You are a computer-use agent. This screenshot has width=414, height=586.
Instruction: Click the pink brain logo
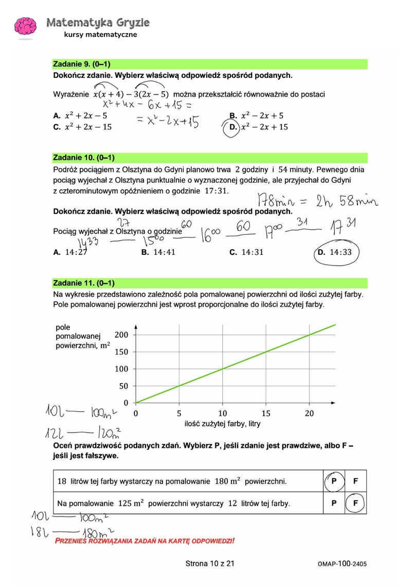(25, 27)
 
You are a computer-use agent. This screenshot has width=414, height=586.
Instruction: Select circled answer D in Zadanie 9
(233, 127)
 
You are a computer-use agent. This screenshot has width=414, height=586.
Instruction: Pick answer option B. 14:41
(158, 252)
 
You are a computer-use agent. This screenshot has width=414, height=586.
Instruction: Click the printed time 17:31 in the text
(215, 191)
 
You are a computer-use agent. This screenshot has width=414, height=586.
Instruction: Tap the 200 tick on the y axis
(121, 335)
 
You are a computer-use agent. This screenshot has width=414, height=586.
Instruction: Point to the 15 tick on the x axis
(266, 413)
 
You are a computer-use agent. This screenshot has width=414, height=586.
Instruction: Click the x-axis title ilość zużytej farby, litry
(222, 424)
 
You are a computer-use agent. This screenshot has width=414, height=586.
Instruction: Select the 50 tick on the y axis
(123, 386)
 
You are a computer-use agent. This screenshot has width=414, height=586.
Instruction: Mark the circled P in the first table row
(334, 481)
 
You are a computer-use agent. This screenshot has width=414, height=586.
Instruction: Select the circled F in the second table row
(355, 503)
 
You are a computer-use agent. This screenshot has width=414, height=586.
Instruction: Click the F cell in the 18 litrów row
(355, 481)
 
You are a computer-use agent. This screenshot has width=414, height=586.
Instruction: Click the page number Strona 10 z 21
(210, 564)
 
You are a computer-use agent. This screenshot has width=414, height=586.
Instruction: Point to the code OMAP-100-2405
(342, 564)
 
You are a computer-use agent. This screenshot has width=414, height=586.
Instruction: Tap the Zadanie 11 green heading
(84, 283)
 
